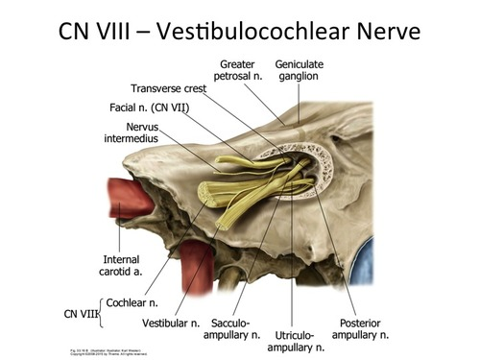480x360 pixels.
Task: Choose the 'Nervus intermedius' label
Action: coord(129,132)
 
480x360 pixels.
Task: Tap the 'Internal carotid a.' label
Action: coord(123,265)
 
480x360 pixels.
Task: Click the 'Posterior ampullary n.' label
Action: coord(360,328)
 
